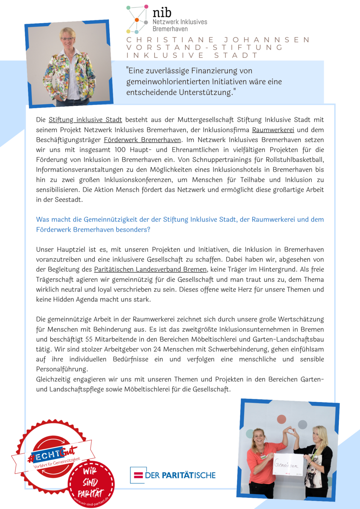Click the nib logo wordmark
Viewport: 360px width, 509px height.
click(162, 13)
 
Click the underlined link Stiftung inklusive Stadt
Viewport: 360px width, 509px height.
click(85, 120)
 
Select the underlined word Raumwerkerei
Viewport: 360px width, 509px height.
click(273, 130)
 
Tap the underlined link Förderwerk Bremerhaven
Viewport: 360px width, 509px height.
click(142, 140)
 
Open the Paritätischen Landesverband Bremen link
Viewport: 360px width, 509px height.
click(150, 269)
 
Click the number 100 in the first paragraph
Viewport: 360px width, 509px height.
click(120, 150)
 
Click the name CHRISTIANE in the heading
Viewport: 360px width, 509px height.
click(170, 40)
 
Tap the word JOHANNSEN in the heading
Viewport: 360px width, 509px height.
click(267, 40)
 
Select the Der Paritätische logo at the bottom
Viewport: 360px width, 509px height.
click(173, 475)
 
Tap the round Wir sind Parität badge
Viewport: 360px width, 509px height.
click(91, 483)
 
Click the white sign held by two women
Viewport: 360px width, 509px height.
click(288, 465)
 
